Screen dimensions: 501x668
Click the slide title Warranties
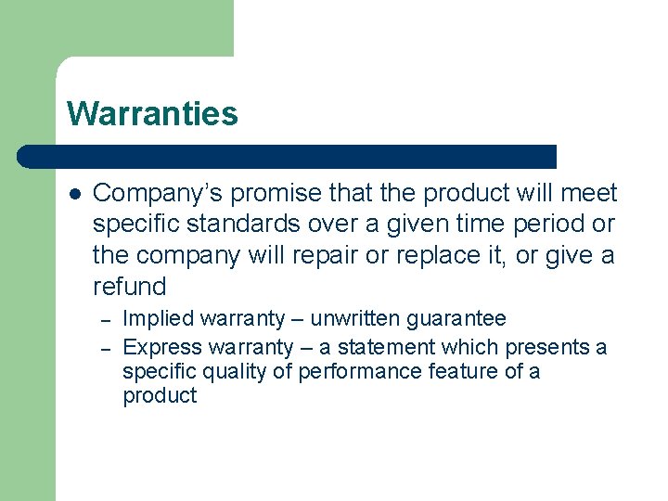click(x=152, y=113)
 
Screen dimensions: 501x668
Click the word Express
click(x=159, y=347)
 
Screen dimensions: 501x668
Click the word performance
click(x=347, y=371)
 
